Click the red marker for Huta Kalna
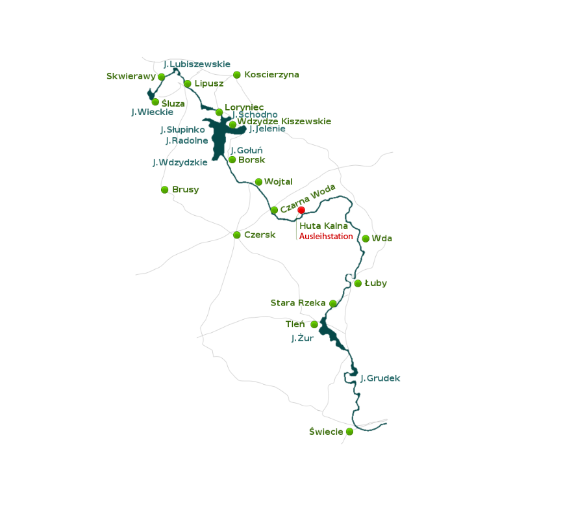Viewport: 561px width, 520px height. tap(301, 210)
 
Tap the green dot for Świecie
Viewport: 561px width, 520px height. tap(349, 432)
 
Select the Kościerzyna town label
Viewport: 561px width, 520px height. tap(271, 75)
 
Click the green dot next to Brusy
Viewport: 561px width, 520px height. tap(165, 190)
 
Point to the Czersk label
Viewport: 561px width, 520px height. tap(260, 235)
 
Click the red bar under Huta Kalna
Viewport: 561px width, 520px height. tap(325, 236)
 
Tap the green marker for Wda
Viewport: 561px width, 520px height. tap(366, 239)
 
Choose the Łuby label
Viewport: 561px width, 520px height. tap(376, 283)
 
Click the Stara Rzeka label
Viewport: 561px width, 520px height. tap(298, 303)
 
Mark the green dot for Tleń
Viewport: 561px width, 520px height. tap(314, 324)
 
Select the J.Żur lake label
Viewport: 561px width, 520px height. tap(303, 338)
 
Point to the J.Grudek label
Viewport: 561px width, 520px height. tap(380, 378)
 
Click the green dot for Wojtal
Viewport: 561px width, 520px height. tap(258, 182)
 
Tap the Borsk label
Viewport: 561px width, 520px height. tap(252, 160)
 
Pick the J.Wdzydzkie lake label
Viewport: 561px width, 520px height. tap(180, 162)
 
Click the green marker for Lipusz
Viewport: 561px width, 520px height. tap(188, 84)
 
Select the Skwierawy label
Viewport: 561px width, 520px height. tap(131, 76)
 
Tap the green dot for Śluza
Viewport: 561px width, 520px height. tap(155, 102)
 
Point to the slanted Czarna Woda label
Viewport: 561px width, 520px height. tap(308, 198)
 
